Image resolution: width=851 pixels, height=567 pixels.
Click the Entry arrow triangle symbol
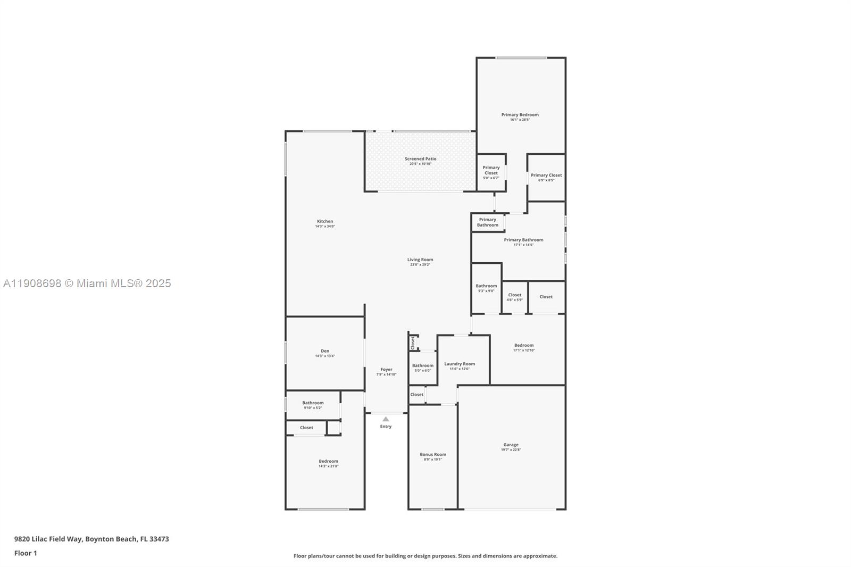pyautogui.click(x=386, y=419)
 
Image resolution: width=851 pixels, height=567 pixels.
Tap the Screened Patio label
pyautogui.click(x=420, y=159)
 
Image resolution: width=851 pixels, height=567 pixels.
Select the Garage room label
pyautogui.click(x=511, y=445)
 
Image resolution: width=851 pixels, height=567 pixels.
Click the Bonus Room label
pyautogui.click(x=433, y=455)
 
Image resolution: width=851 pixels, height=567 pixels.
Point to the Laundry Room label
pyautogui.click(x=460, y=364)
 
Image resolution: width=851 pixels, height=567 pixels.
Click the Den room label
pyautogui.click(x=325, y=351)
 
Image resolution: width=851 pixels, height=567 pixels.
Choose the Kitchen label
pyautogui.click(x=325, y=222)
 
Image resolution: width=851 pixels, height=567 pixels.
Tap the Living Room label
pyautogui.click(x=420, y=260)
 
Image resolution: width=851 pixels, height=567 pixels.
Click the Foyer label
pyautogui.click(x=386, y=370)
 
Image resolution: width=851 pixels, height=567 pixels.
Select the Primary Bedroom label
pyautogui.click(x=520, y=115)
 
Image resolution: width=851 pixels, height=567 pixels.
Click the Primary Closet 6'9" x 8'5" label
pyautogui.click(x=546, y=176)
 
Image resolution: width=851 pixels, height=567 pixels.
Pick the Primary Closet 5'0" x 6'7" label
pyautogui.click(x=491, y=171)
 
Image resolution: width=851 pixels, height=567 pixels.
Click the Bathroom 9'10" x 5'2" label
pyautogui.click(x=313, y=403)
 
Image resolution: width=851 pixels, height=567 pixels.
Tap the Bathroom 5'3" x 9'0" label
pyautogui.click(x=486, y=286)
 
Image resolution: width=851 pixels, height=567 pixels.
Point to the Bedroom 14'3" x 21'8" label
pyautogui.click(x=328, y=462)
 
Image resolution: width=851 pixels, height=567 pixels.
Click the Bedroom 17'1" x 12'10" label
pyautogui.click(x=524, y=346)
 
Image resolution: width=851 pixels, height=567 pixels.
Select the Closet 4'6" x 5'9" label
pyautogui.click(x=514, y=295)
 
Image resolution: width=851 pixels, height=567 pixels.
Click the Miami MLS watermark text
pyautogui.click(x=87, y=283)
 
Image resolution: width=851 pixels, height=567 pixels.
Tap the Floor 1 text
pyautogui.click(x=26, y=553)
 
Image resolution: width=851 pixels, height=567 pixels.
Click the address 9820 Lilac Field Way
pyautogui.click(x=91, y=539)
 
